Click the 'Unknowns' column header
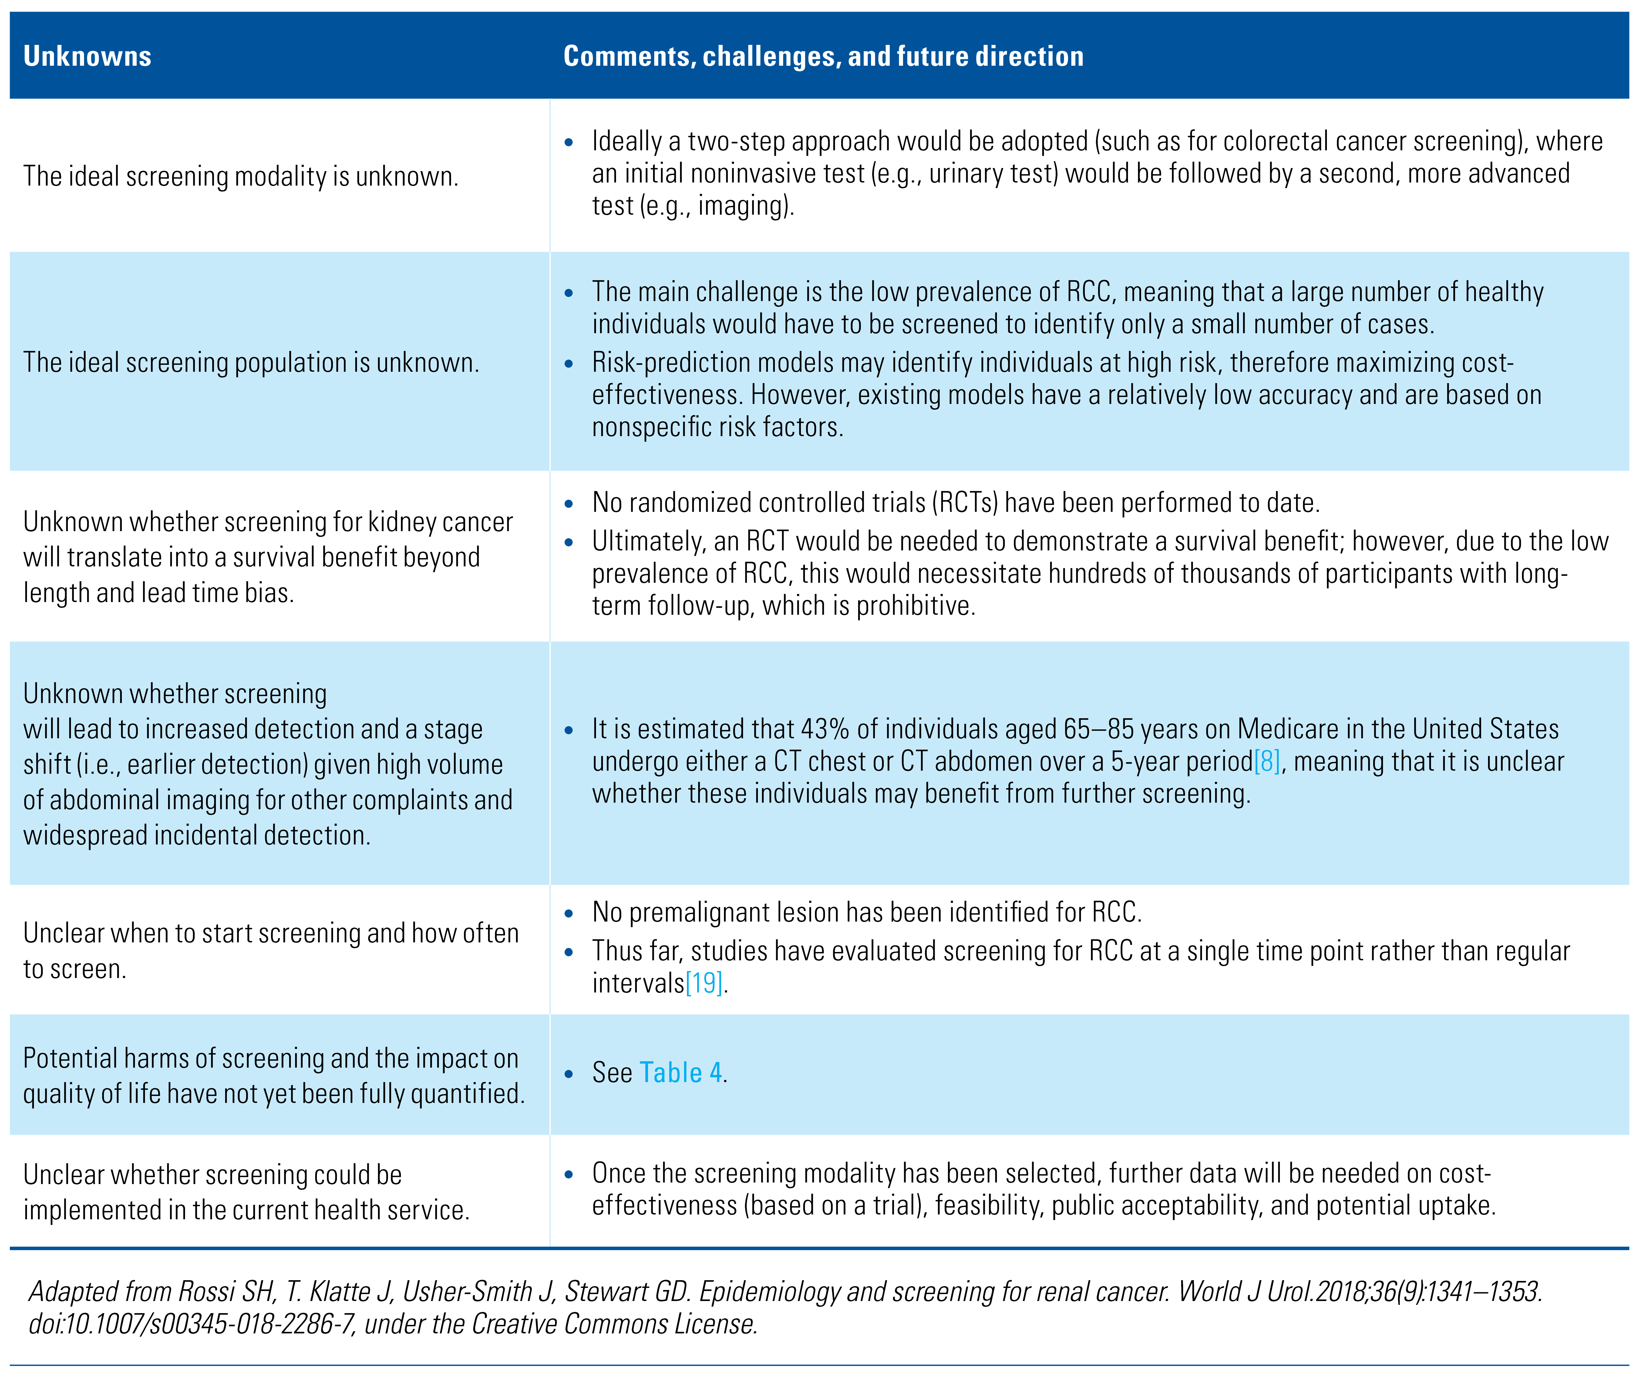click(87, 56)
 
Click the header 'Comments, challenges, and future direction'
click(823, 56)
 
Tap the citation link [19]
click(703, 983)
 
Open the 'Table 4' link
click(681, 1072)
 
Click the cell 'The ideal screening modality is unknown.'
click(240, 176)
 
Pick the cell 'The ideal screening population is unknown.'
click(250, 362)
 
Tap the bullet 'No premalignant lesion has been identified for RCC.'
click(866, 912)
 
